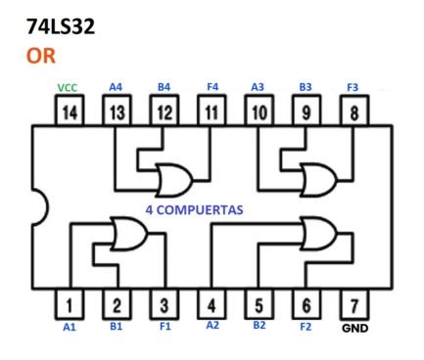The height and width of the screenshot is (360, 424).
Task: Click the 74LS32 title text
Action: coord(61,25)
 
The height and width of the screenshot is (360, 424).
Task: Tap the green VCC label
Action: coord(69,87)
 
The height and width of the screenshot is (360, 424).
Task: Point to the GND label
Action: coord(355,329)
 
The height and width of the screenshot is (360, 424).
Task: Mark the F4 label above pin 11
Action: coord(212,87)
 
